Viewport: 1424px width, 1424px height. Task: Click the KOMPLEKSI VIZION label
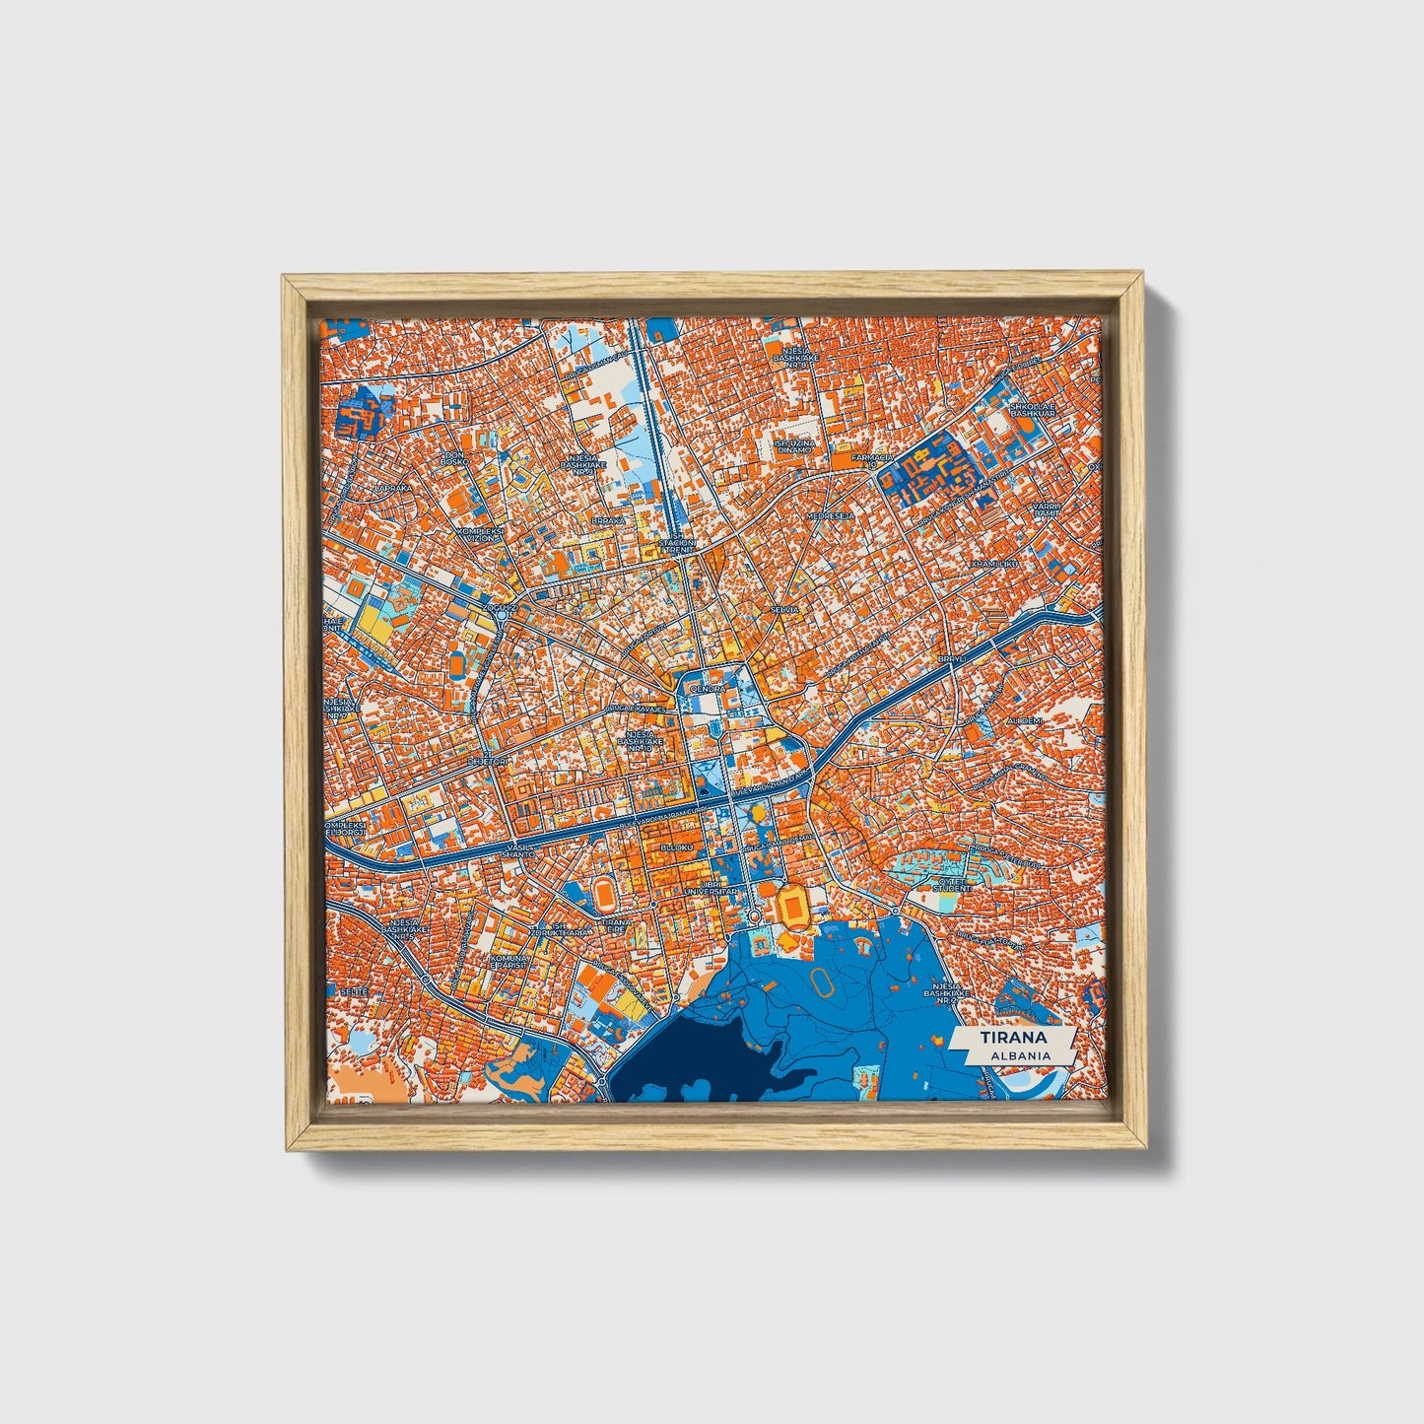click(479, 533)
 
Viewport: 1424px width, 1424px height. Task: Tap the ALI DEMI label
click(1024, 721)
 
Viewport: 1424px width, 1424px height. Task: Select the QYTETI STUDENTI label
click(952, 884)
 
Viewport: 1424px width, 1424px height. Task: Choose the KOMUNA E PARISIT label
click(512, 961)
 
